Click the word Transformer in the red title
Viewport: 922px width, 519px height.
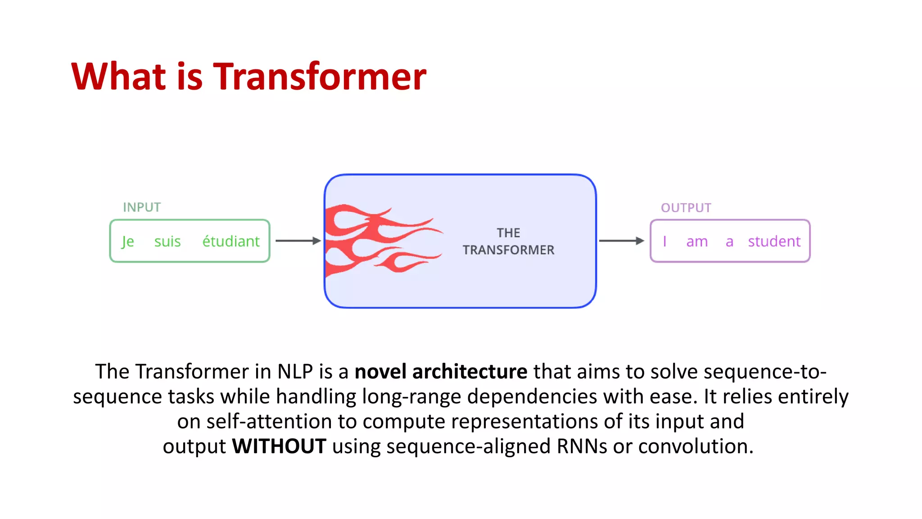click(x=319, y=77)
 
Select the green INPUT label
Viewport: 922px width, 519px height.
click(x=142, y=207)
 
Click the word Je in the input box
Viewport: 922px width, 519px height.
click(x=128, y=241)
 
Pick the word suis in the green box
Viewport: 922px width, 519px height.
click(x=167, y=241)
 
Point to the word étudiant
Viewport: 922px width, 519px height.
click(x=231, y=241)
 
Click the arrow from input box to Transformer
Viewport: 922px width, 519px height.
click(x=298, y=241)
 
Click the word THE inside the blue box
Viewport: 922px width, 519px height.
click(x=508, y=233)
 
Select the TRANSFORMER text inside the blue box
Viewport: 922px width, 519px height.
click(x=508, y=250)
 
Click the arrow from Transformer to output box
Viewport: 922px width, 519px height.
click(x=621, y=241)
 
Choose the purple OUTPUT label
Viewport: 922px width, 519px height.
click(x=686, y=208)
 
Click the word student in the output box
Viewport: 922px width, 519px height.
click(x=774, y=241)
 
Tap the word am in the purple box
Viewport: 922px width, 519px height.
click(x=697, y=241)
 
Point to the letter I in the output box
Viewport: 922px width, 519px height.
click(x=664, y=241)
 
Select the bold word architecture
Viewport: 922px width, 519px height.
click(x=470, y=372)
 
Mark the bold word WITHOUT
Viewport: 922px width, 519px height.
click(x=279, y=446)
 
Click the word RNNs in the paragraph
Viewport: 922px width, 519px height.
click(x=582, y=446)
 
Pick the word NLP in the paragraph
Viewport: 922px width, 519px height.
click(x=295, y=372)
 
